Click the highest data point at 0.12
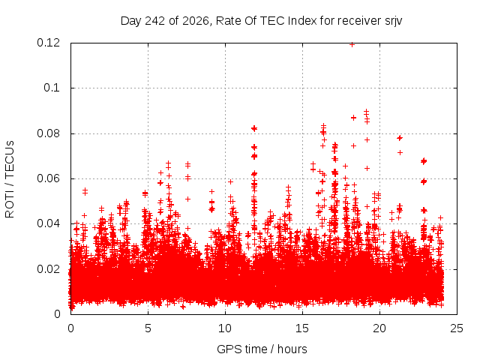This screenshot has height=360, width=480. tap(352, 45)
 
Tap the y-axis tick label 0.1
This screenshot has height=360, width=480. tap(52, 88)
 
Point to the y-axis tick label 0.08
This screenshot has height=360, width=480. tap(48, 133)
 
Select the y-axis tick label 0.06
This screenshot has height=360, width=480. tap(48, 178)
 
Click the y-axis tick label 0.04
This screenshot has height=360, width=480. tap(48, 223)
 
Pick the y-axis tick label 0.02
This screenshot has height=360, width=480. tap(48, 269)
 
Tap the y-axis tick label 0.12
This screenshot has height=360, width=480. tap(48, 43)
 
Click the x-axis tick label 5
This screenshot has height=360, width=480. tap(148, 328)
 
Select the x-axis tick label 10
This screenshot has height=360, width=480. tap(225, 328)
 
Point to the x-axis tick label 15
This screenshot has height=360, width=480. tap(302, 328)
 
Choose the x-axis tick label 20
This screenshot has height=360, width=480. tap(379, 328)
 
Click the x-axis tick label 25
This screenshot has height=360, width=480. tap(457, 328)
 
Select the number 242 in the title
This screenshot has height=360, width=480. tap(155, 21)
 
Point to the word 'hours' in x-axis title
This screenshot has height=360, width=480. tap(292, 349)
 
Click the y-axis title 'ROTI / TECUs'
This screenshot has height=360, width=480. tap(10, 179)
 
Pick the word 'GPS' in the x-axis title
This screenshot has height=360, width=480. tap(226, 349)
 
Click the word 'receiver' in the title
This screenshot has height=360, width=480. tap(358, 21)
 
